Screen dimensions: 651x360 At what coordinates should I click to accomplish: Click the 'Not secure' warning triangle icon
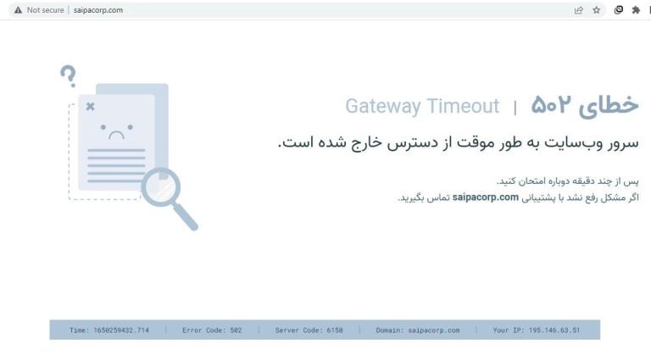point(18,10)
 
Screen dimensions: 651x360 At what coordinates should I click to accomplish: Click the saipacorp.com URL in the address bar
point(98,10)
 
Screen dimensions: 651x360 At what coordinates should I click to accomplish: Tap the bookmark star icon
point(596,10)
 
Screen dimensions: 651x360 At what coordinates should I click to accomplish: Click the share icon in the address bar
point(578,10)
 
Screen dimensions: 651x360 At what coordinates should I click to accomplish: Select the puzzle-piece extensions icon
point(636,10)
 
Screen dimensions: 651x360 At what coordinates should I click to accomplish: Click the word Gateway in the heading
point(383,106)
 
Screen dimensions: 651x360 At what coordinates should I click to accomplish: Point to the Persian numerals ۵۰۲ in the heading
point(551,104)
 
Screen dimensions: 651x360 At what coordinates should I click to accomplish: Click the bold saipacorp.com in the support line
point(486,197)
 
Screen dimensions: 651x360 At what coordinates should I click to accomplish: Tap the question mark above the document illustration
point(69,76)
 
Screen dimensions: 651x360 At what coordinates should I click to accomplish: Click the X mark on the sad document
point(91,107)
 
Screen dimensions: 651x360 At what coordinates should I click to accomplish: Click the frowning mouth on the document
point(116,135)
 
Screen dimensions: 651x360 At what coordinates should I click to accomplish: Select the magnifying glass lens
point(161,187)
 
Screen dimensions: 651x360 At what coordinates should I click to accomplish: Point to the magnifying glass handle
point(186,217)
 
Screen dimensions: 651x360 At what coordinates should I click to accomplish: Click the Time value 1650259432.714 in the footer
point(121,330)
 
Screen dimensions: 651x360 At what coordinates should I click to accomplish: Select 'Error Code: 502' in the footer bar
point(212,330)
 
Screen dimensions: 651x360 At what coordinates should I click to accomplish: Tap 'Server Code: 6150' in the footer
point(309,330)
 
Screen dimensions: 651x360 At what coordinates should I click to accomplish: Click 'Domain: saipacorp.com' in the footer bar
point(418,330)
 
